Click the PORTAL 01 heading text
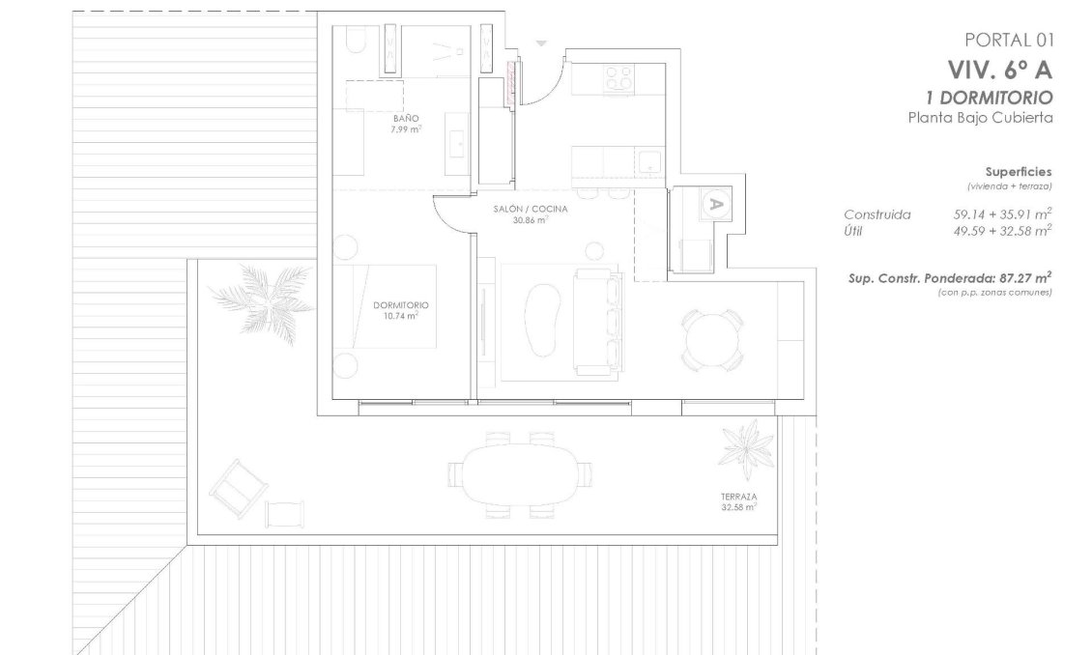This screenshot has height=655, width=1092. (x=1008, y=40)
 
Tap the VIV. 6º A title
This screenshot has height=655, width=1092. (x=999, y=70)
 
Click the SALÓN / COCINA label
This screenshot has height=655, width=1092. (x=530, y=209)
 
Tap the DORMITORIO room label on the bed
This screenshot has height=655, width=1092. (x=400, y=305)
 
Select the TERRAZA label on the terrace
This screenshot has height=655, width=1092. (x=738, y=496)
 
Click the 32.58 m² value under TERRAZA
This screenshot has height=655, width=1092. (x=738, y=506)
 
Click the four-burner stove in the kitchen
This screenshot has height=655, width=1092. (x=618, y=77)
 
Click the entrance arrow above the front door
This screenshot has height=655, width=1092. (x=541, y=43)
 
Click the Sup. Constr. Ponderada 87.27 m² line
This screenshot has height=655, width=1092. (x=949, y=276)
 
